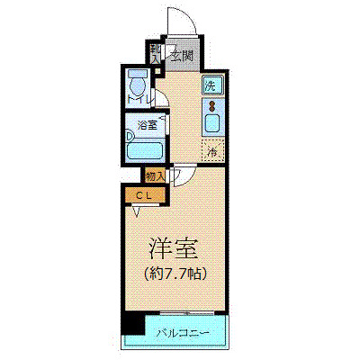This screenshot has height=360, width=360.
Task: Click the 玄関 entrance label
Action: (182, 56)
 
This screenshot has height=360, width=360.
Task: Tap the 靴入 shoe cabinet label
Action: (155, 54)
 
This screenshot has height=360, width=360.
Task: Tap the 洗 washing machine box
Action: (210, 86)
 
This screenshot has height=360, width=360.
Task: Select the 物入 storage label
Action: (154, 175)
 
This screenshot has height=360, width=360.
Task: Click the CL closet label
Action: (143, 193)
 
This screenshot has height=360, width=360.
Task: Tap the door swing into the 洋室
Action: (179, 175)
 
